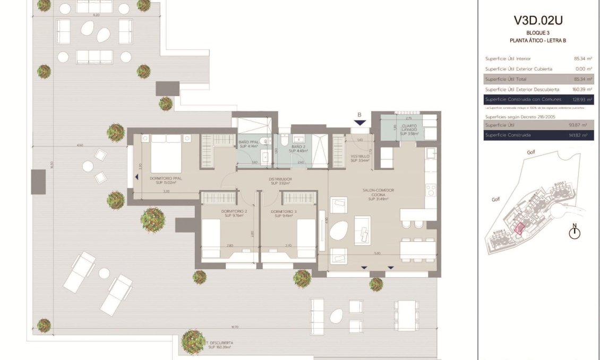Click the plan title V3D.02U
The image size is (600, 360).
pos(538,21)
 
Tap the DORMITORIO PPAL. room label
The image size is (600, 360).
pos(166,181)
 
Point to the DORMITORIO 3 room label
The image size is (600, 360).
pos(284,213)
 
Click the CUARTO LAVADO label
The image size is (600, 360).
pos(409,130)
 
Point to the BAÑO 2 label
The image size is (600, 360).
pos(298,149)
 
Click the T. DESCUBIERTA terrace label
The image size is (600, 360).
pos(220,345)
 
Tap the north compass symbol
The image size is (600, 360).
pos(574,232)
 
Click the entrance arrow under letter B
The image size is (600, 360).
pos(359,123)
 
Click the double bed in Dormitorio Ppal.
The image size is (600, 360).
pos(166,152)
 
